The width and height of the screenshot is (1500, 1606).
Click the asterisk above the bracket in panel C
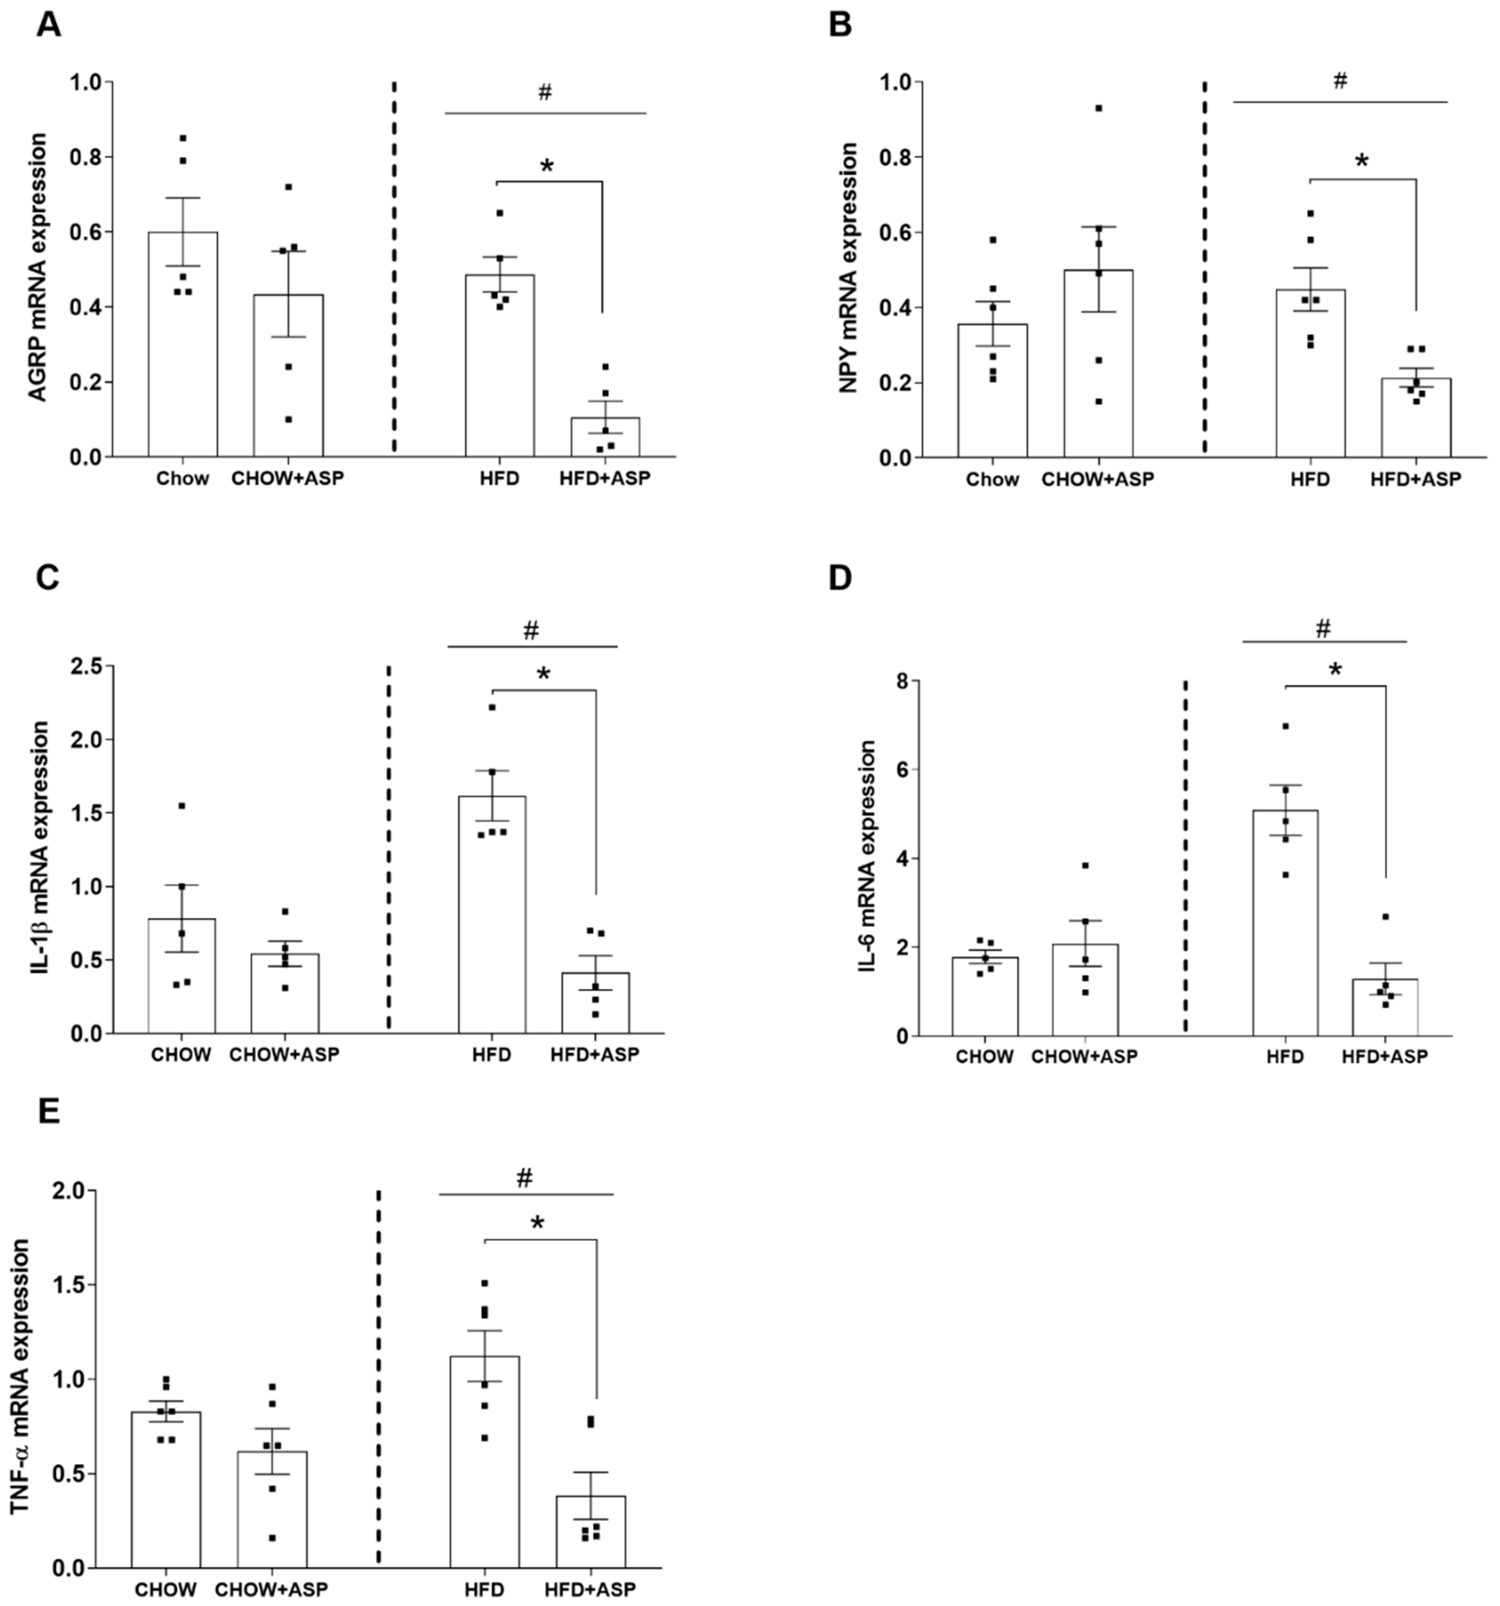pos(543,674)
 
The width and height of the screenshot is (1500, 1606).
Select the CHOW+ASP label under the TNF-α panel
pos(271,1589)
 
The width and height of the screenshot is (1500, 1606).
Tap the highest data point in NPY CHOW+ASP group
pos(1098,108)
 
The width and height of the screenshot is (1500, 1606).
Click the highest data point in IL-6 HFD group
pos(1285,726)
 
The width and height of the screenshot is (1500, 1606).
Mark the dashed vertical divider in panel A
pos(394,267)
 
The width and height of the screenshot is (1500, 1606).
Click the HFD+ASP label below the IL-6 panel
pos(1384,1056)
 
